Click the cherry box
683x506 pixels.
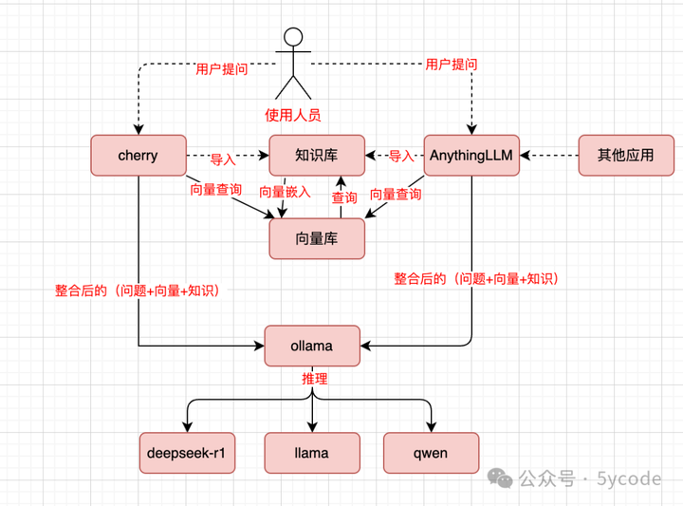pyautogui.click(x=138, y=155)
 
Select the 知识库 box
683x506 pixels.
pyautogui.click(x=317, y=155)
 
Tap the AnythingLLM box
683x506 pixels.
pyautogui.click(x=471, y=155)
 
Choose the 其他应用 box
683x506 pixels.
pyautogui.click(x=625, y=155)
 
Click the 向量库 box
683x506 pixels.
pyautogui.click(x=317, y=238)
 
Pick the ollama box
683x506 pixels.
pyautogui.click(x=312, y=346)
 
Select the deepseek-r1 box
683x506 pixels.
pyautogui.click(x=187, y=453)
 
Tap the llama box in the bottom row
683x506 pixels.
pyautogui.click(x=312, y=453)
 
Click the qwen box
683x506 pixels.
pyautogui.click(x=431, y=453)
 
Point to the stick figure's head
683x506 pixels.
pyautogui.click(x=293, y=39)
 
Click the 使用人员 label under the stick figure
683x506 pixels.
pyautogui.click(x=293, y=115)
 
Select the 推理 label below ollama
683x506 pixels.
pyautogui.click(x=314, y=379)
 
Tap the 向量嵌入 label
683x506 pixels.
pyautogui.click(x=285, y=192)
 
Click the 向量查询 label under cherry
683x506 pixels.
pyautogui.click(x=215, y=189)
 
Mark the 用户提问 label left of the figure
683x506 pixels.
pyautogui.click(x=222, y=69)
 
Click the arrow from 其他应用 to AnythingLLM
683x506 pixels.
pyautogui.click(x=549, y=155)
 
